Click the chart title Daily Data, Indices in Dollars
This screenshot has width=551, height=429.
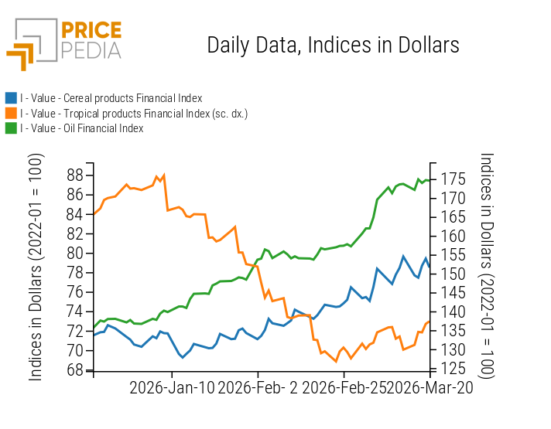(x=333, y=45)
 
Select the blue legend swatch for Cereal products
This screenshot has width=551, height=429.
(x=11, y=98)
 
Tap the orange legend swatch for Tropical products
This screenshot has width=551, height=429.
(x=11, y=114)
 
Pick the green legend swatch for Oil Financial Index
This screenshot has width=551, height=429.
(x=11, y=128)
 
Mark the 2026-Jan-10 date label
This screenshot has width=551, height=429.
(x=172, y=388)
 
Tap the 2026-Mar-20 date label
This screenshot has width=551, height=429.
(x=430, y=388)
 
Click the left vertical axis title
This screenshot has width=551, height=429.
(x=36, y=267)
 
